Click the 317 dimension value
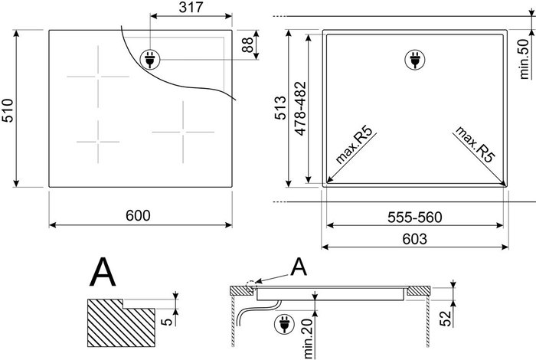(x=191, y=7)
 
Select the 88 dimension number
(x=247, y=44)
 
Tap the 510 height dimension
(x=8, y=110)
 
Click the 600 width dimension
(x=138, y=215)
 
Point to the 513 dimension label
(x=280, y=108)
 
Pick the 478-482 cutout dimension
(x=300, y=108)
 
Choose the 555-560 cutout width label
(x=415, y=217)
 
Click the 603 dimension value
(x=415, y=239)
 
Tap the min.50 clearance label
(x=524, y=59)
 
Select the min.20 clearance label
(x=309, y=339)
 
